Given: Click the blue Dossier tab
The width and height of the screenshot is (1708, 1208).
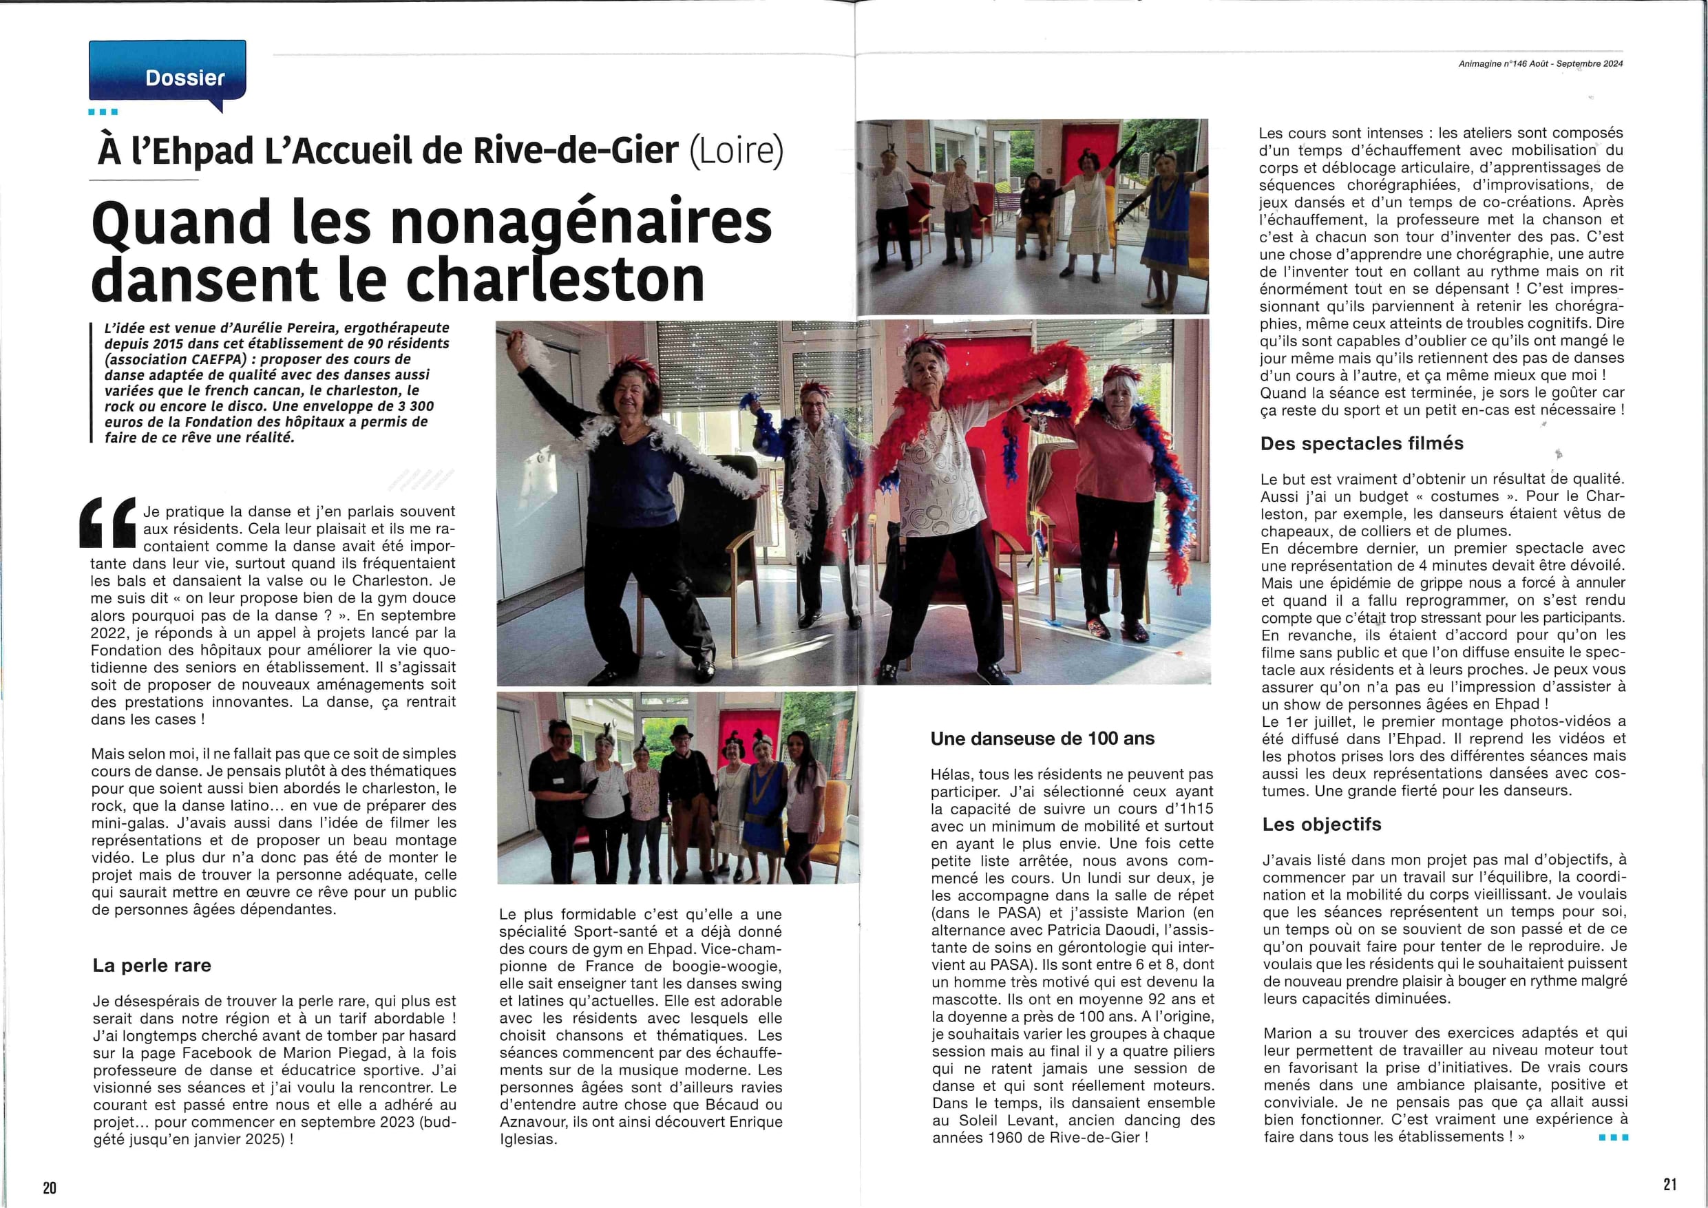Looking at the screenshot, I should (x=167, y=72).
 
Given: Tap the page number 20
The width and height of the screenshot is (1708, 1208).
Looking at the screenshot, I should (x=49, y=1187).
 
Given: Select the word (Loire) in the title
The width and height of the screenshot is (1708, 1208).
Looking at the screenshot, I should (x=736, y=150).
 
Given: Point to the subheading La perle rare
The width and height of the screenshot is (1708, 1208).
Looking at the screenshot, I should (x=151, y=966).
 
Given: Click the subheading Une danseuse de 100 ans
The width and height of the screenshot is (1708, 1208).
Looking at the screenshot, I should (x=1042, y=739).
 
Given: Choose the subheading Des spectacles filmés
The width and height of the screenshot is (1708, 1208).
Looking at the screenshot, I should (x=1361, y=443).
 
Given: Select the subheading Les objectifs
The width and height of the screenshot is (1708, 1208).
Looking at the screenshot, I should (x=1321, y=824).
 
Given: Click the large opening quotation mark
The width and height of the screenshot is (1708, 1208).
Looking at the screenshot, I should (x=108, y=522).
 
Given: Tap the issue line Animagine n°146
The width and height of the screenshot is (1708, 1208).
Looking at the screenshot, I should (x=1493, y=64).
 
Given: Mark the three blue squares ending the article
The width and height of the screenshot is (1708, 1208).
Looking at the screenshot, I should (x=1614, y=1137).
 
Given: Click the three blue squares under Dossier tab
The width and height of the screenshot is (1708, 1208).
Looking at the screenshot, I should (x=103, y=112).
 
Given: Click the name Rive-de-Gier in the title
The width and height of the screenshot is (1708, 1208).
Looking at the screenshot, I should (x=575, y=150).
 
